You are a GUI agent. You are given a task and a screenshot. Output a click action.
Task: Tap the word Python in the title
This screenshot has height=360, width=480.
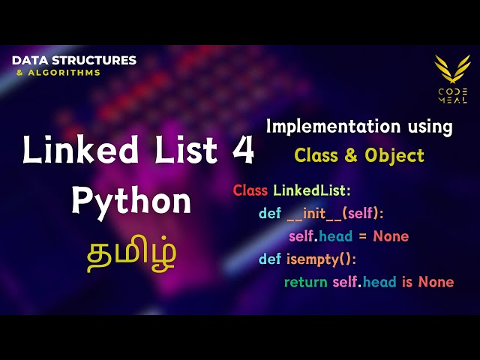coord(131,202)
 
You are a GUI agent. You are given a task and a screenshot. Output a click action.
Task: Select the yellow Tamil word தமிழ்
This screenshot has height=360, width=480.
coord(131,252)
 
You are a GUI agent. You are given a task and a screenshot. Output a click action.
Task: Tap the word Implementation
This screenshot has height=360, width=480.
coord(325,127)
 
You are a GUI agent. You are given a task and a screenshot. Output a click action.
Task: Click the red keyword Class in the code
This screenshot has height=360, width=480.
coord(250,190)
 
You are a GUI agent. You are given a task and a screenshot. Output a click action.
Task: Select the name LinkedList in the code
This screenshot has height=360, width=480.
coord(310,190)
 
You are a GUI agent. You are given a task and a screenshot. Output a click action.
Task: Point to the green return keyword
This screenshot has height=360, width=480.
coord(306,282)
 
